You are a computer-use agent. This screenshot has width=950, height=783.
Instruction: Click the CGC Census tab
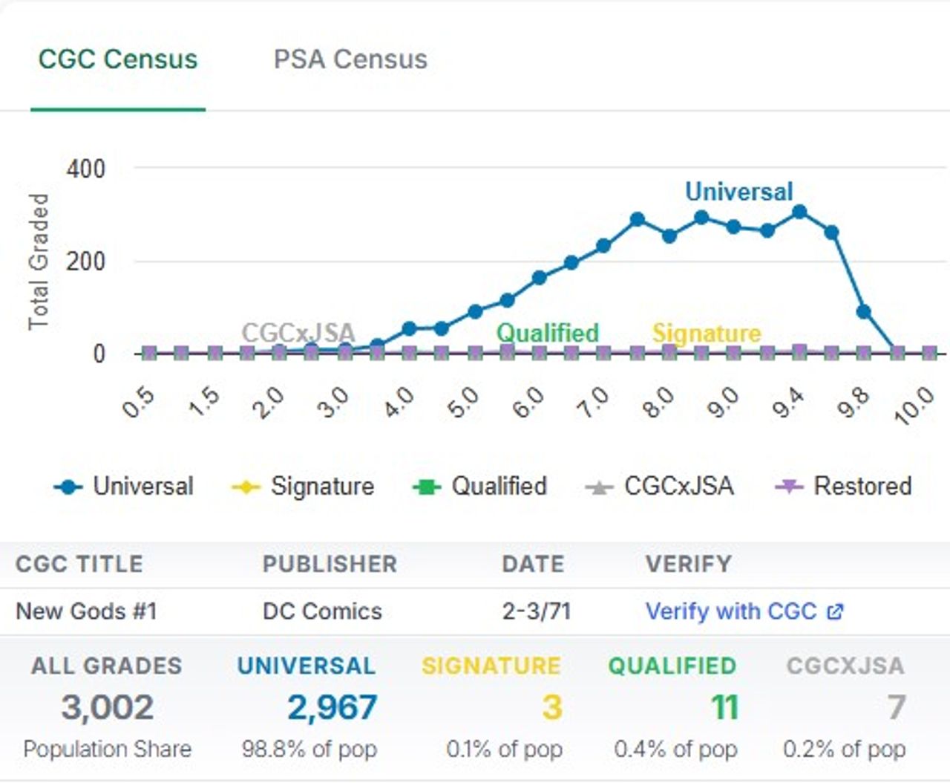pos(118,59)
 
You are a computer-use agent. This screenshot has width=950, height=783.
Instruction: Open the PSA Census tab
pos(350,59)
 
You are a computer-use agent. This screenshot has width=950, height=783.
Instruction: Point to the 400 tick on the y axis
pos(86,169)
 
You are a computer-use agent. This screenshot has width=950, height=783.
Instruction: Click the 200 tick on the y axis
pos(86,261)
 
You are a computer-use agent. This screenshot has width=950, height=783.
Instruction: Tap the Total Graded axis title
pos(39,261)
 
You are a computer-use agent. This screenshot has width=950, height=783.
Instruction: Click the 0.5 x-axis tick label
pos(139,403)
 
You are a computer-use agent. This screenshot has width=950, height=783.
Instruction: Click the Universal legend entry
pos(124,487)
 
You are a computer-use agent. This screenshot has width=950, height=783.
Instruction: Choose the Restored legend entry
pos(844,487)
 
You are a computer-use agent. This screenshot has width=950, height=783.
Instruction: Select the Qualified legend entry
pos(480,487)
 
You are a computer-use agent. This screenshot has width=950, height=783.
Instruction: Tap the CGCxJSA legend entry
pos(660,487)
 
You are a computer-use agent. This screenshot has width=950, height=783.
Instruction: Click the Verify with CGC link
pos(744,611)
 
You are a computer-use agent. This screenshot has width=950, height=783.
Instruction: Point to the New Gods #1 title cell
pos(86,611)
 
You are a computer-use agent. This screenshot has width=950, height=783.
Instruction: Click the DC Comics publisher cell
pos(322,611)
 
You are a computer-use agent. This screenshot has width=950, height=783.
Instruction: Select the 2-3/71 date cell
pos(536,611)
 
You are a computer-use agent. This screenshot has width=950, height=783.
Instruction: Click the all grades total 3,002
pos(108,707)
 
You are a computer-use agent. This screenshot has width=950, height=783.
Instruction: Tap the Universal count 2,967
pos(332,707)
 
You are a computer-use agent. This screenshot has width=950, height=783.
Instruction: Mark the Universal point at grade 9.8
pos(863,312)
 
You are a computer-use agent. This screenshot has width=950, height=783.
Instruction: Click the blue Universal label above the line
pos(738,192)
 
